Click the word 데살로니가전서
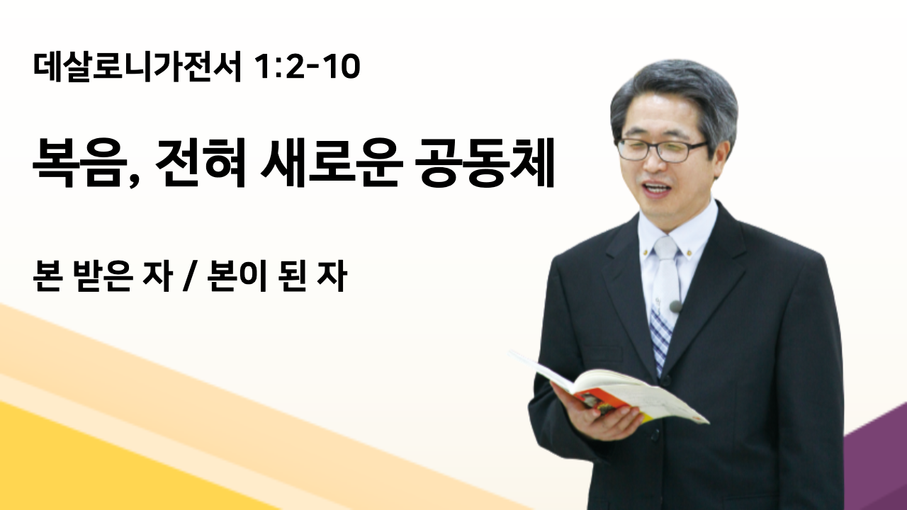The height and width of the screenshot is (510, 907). pos(137,67)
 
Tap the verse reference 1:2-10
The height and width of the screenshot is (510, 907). pos(308,67)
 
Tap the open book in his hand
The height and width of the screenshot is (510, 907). pos(607,387)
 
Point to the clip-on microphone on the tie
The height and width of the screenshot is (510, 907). pos(675,307)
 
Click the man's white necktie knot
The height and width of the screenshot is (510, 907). pos(665,248)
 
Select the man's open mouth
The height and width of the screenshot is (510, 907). pos(658,189)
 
